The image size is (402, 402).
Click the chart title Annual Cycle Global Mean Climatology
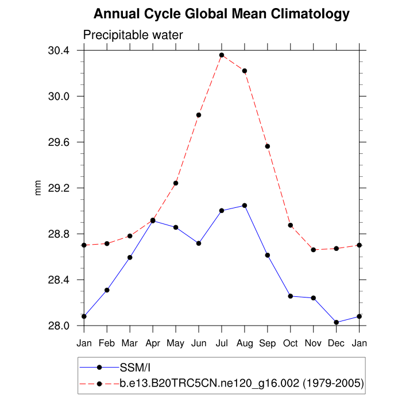click(x=221, y=14)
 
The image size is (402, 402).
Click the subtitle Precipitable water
click(x=133, y=35)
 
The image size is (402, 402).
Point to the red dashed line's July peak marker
click(x=222, y=55)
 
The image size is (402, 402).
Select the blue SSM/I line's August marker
click(x=245, y=205)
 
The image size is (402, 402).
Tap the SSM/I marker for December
click(x=337, y=322)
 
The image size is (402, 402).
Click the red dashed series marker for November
click(x=314, y=250)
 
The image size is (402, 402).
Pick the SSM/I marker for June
click(x=199, y=243)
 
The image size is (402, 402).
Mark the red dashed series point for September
click(x=268, y=146)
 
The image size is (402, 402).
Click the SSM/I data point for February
click(x=107, y=290)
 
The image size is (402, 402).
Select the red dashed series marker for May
click(x=176, y=183)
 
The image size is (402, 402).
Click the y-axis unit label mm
click(x=38, y=188)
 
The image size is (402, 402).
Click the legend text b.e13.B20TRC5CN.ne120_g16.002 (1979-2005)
click(x=241, y=383)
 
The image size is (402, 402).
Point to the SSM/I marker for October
click(x=291, y=296)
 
